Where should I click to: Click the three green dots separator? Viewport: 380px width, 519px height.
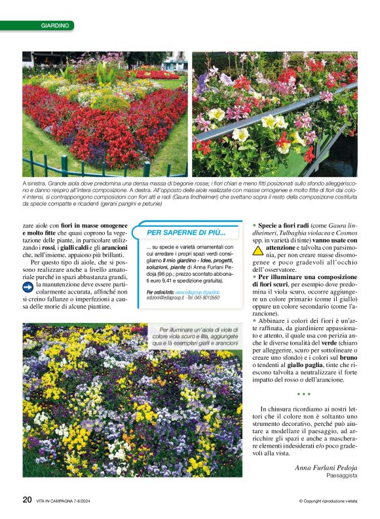pyautogui.click(x=303, y=394)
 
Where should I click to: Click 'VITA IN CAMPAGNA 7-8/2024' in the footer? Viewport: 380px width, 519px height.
pyautogui.click(x=68, y=501)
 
